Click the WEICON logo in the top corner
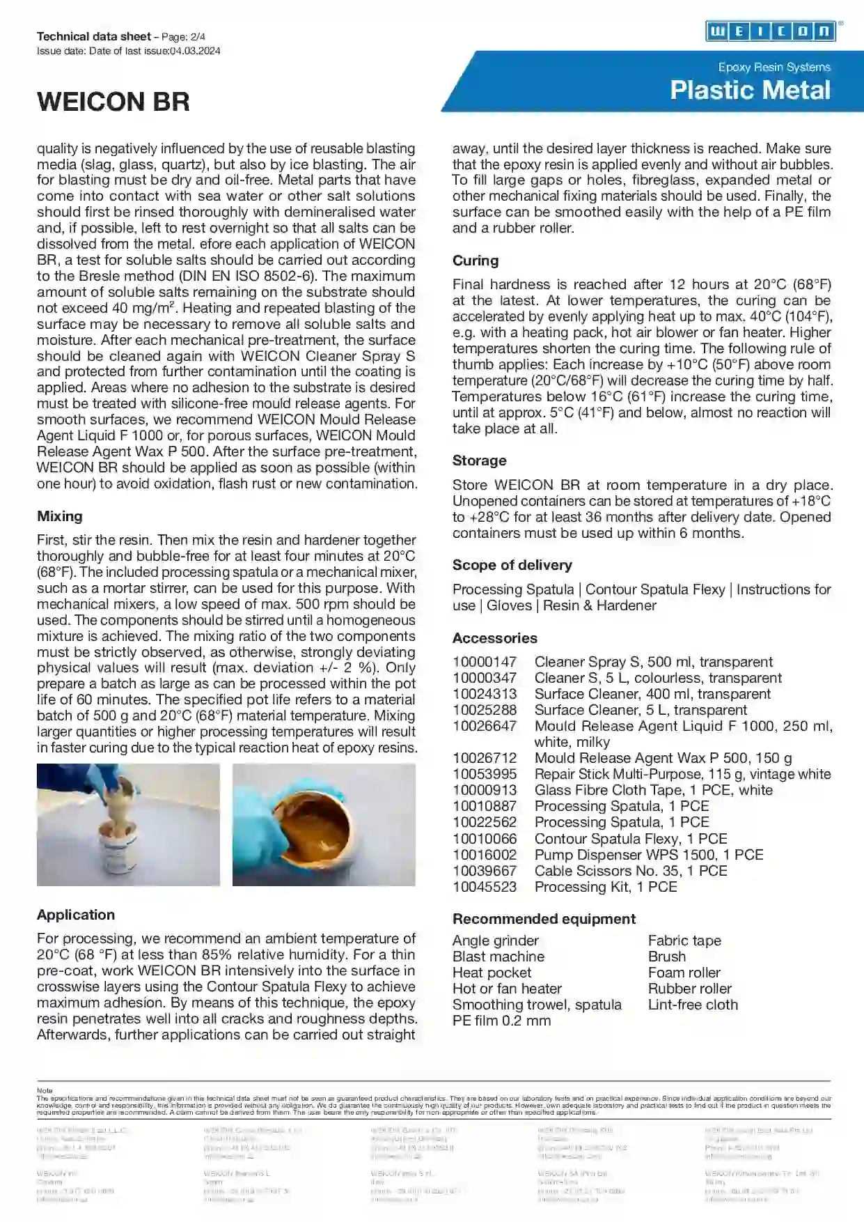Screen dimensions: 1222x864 pyautogui.click(x=771, y=31)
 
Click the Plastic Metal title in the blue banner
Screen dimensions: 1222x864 pyautogui.click(x=750, y=91)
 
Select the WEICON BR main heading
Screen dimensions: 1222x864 pyautogui.click(x=113, y=102)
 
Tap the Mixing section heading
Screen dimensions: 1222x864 pyautogui.click(x=60, y=516)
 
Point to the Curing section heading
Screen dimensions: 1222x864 pyautogui.click(x=476, y=261)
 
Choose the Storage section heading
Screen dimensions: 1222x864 pyautogui.click(x=479, y=461)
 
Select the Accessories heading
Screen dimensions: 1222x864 pyautogui.click(x=494, y=638)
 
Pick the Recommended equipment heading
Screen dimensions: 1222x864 pyautogui.click(x=544, y=919)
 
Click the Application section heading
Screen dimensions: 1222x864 pyautogui.click(x=76, y=915)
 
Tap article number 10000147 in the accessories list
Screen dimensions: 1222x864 pyautogui.click(x=485, y=662)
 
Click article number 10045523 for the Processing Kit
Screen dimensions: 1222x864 pyautogui.click(x=485, y=887)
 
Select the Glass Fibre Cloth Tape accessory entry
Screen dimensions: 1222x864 pyautogui.click(x=653, y=790)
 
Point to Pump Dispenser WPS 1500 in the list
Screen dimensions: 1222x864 pyautogui.click(x=648, y=855)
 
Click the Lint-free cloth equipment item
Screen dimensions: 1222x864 pyautogui.click(x=693, y=1005)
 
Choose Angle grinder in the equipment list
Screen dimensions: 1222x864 pyautogui.click(x=496, y=941)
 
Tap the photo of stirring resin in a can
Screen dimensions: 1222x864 pyautogui.click(x=128, y=825)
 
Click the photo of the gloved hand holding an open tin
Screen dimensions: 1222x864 pyautogui.click(x=324, y=825)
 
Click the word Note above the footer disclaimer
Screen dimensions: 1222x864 pyautogui.click(x=45, y=1090)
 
